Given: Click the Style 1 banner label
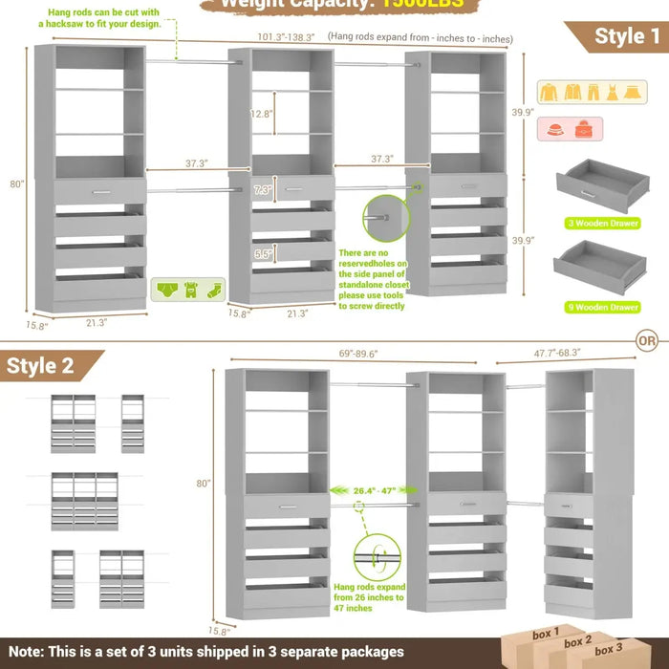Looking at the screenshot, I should [627, 36].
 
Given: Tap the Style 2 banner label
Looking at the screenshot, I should [40, 366].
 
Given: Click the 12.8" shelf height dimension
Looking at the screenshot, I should [262, 113].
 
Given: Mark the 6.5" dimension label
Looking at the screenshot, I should [263, 254].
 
